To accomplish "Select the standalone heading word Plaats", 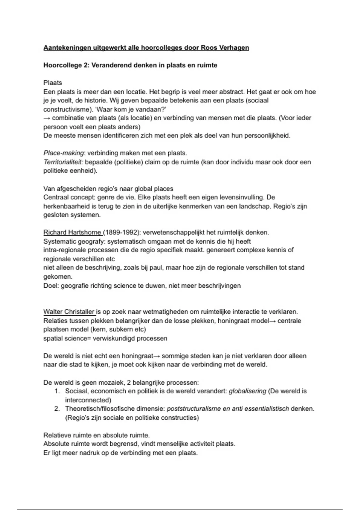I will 52,83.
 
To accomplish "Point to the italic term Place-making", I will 63,153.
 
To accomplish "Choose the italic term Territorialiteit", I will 63,162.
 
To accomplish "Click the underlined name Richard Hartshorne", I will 72,232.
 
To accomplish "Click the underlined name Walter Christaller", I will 69,312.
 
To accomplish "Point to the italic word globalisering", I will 247,391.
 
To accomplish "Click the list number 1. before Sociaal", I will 57,391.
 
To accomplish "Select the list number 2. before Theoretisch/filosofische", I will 57,409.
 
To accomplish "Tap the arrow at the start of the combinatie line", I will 47,118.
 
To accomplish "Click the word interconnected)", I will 88,400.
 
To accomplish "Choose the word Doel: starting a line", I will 51,286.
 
